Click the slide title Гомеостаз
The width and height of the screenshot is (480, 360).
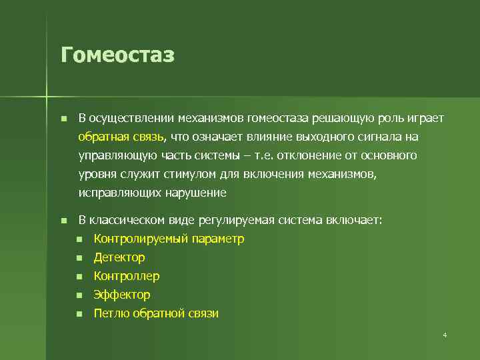point(117,55)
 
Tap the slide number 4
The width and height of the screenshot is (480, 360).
point(445,335)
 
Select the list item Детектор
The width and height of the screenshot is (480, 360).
point(119,257)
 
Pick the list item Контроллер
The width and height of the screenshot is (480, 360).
point(127,276)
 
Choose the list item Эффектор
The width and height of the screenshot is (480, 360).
point(122,295)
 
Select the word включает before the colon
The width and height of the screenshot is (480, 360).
point(355,220)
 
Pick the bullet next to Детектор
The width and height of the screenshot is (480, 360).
point(79,258)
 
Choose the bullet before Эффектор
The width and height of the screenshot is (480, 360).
point(79,295)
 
